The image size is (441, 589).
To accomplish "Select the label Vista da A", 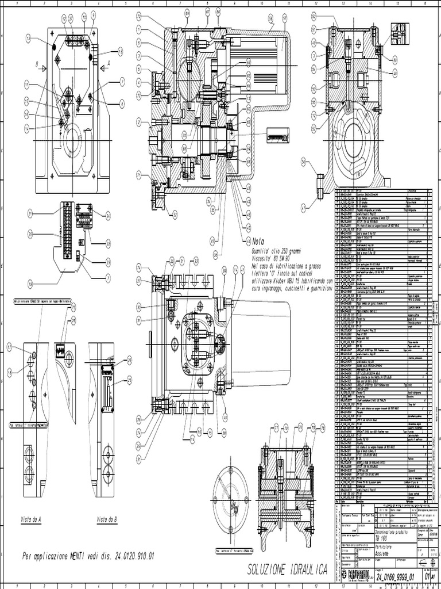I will (x=31, y=519).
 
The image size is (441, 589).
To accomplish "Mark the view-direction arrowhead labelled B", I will (x=43, y=67).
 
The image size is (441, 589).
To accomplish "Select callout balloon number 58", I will (x=270, y=18).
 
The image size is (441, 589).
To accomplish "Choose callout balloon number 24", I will (x=108, y=216).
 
